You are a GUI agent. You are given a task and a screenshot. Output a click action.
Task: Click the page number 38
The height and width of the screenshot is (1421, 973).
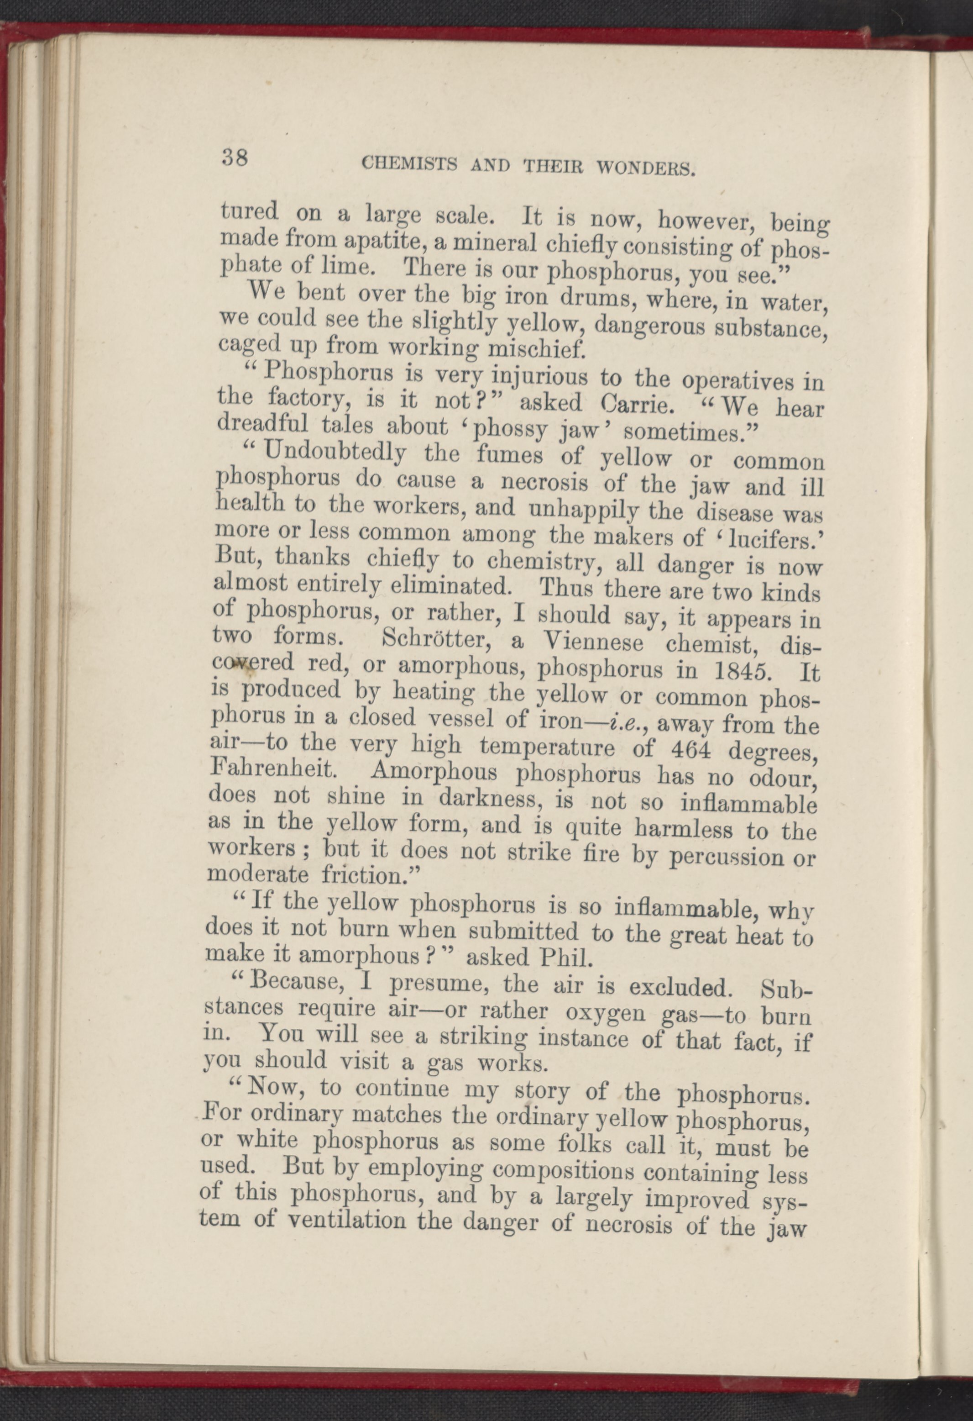coord(235,159)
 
